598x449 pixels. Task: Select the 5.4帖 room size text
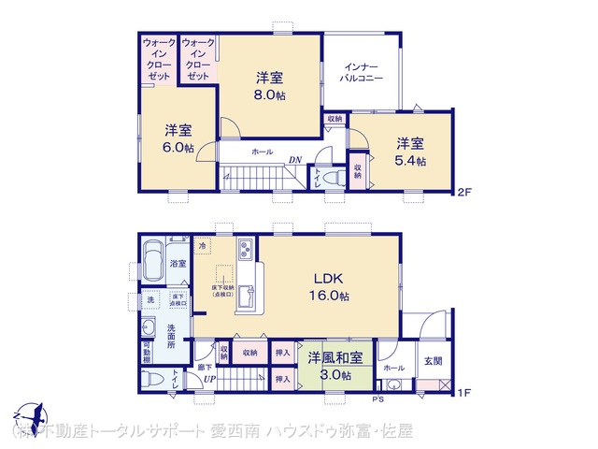409,161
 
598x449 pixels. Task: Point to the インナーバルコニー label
362,73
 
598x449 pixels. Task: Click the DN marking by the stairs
294,161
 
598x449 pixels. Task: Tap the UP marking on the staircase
211,378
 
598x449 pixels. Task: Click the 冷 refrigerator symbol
202,245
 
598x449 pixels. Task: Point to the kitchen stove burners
246,251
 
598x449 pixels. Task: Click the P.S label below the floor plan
378,399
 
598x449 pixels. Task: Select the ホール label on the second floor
263,150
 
